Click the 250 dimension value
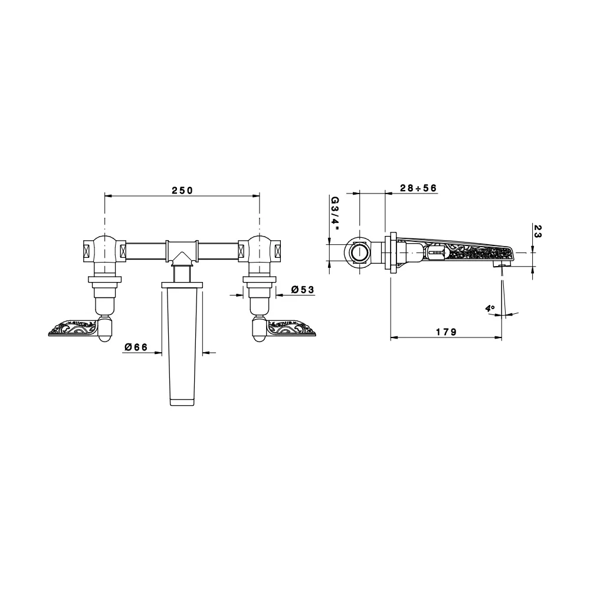[182, 191]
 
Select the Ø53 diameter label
[303, 289]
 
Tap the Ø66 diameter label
[136, 347]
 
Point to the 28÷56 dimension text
[418, 188]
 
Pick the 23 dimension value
[537, 231]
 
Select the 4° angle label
[490, 309]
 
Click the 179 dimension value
[446, 332]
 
